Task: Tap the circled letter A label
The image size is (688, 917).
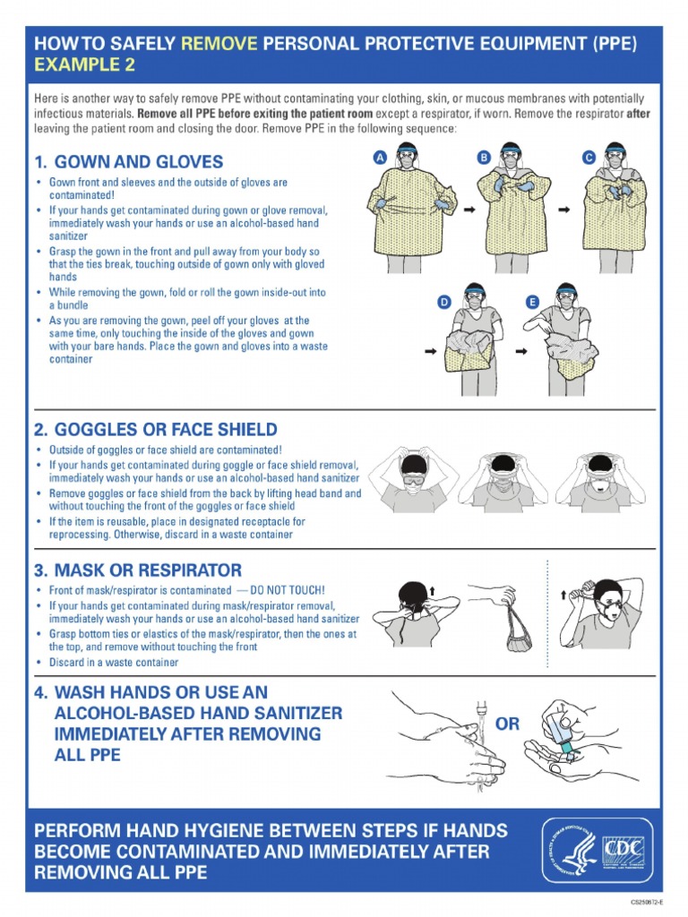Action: click(x=379, y=158)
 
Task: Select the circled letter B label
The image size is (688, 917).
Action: click(x=484, y=158)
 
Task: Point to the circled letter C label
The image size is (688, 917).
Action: click(x=589, y=158)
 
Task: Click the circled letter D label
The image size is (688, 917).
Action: click(x=443, y=303)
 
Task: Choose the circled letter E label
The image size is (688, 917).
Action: click(x=532, y=303)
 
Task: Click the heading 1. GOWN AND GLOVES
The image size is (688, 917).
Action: click(x=128, y=162)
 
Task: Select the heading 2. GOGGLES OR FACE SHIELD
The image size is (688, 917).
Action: click(x=155, y=430)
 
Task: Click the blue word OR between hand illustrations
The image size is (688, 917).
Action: click(x=507, y=724)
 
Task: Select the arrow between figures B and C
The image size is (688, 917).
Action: click(x=563, y=210)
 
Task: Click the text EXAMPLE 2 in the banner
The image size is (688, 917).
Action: click(x=78, y=64)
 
